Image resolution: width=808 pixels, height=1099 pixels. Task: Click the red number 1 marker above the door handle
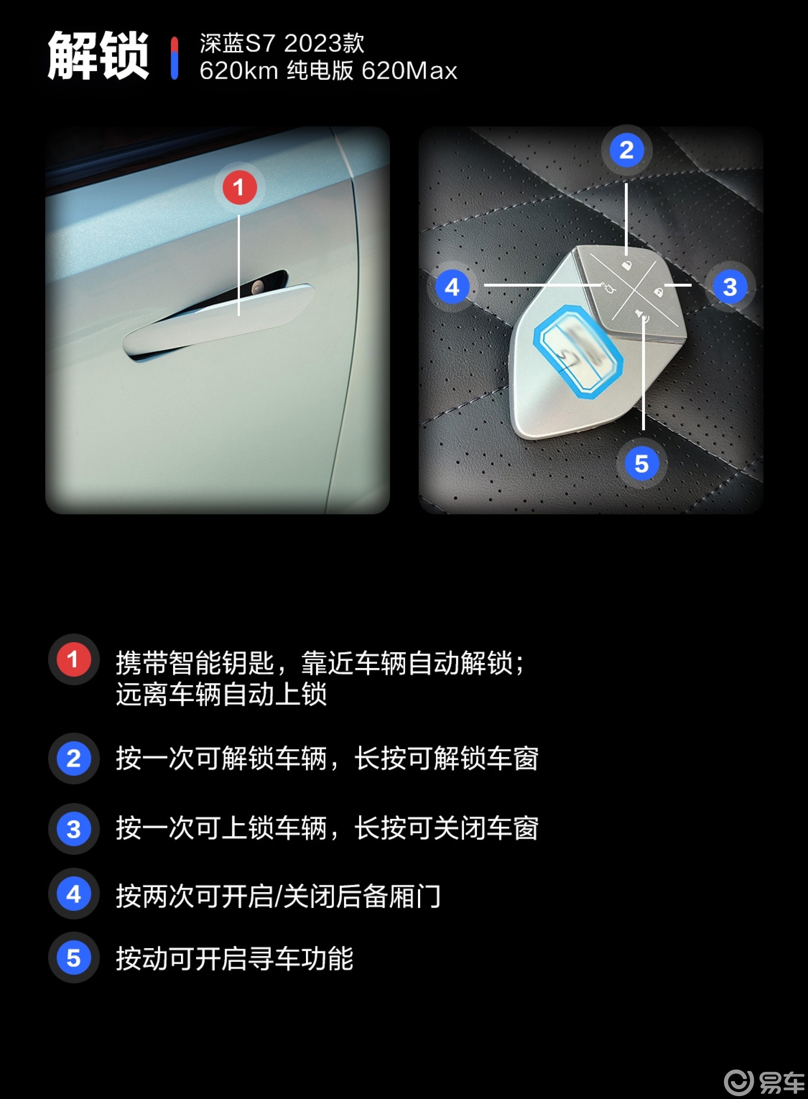point(239,187)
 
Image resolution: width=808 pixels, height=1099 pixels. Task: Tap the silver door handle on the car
point(218,320)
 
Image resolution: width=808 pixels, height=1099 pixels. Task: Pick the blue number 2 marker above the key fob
point(626,150)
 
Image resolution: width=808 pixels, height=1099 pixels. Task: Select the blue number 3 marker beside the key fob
point(730,287)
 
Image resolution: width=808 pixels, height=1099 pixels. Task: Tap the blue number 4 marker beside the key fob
point(452,287)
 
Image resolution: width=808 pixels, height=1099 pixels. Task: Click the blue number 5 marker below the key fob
point(641,464)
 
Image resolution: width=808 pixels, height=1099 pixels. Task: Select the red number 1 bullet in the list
point(73,659)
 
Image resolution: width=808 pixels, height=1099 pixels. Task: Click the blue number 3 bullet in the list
point(73,829)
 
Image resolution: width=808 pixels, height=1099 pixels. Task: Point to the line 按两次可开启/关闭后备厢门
point(278,896)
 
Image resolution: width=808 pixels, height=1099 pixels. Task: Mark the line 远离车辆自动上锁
point(221,694)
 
